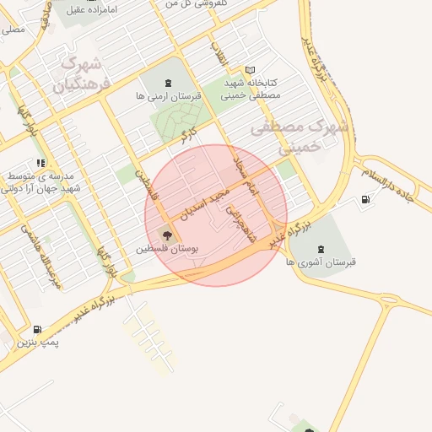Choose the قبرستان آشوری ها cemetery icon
(321, 248)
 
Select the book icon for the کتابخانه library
(249, 70)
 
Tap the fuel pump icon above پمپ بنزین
(37, 330)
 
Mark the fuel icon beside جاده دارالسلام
(364, 200)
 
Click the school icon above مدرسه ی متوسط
(39, 163)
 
